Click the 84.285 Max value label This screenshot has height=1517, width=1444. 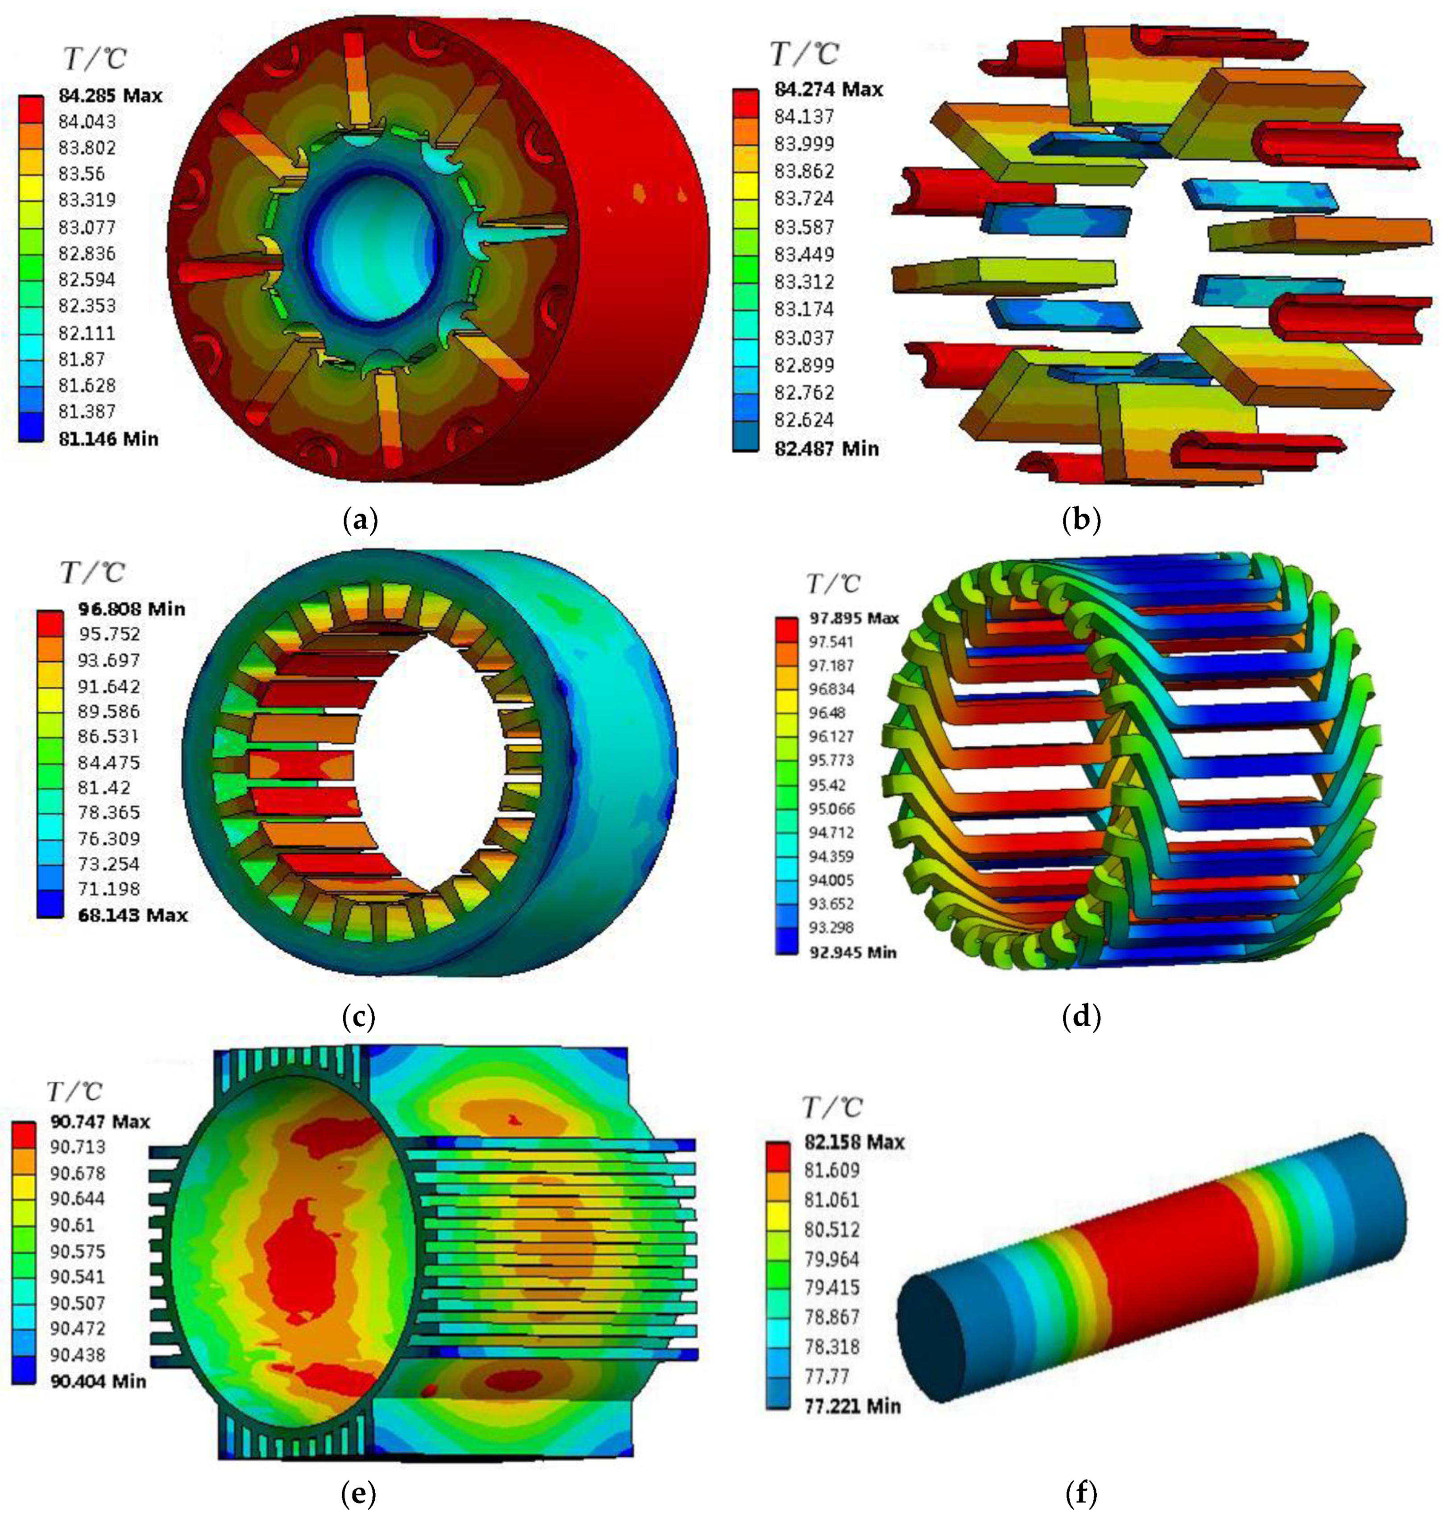110,96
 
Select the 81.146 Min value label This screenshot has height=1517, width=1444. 108,439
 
